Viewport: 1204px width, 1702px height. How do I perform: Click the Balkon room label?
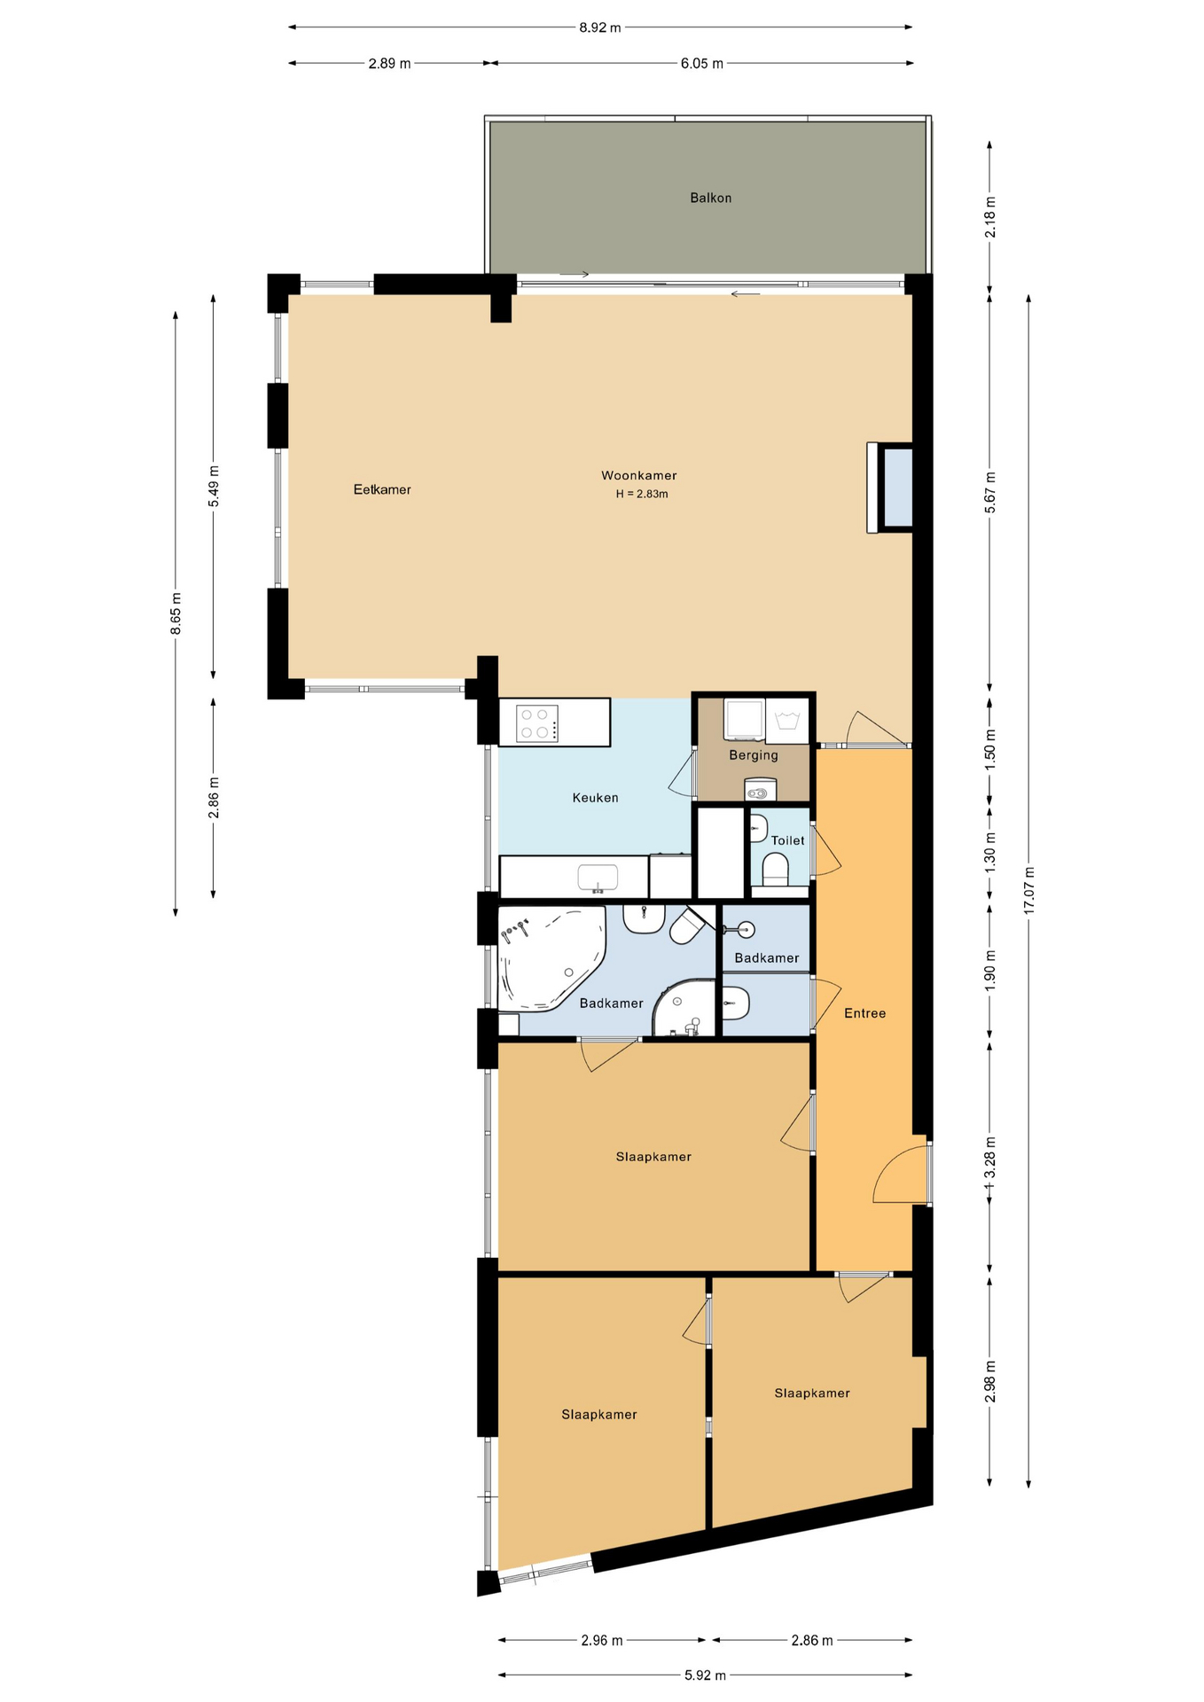point(710,198)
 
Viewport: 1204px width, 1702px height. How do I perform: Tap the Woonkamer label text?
point(638,476)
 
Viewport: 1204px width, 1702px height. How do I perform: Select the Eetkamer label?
point(382,489)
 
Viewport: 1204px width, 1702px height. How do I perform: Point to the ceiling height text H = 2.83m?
point(642,494)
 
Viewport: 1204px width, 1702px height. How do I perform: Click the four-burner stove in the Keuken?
point(537,723)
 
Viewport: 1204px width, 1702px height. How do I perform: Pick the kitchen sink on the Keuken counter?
point(598,878)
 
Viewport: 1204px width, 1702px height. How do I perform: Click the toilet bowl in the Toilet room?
point(775,868)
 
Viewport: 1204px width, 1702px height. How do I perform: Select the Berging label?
point(754,755)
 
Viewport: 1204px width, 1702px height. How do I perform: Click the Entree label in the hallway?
point(864,1013)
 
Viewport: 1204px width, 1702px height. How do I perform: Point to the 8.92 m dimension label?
point(600,27)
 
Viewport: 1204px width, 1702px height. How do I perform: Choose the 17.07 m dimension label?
point(1028,890)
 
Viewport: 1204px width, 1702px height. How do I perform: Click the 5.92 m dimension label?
point(705,1675)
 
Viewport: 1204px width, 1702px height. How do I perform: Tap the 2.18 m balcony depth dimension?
point(990,216)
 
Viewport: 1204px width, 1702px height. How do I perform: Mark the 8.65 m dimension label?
point(176,613)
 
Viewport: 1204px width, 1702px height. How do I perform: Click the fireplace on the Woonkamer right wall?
point(890,488)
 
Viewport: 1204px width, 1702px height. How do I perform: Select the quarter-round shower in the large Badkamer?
point(684,1008)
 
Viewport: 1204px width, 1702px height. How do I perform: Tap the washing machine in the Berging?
point(744,719)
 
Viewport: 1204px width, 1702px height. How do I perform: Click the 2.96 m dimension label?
point(602,1641)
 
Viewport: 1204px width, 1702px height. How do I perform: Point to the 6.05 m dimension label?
point(702,63)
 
